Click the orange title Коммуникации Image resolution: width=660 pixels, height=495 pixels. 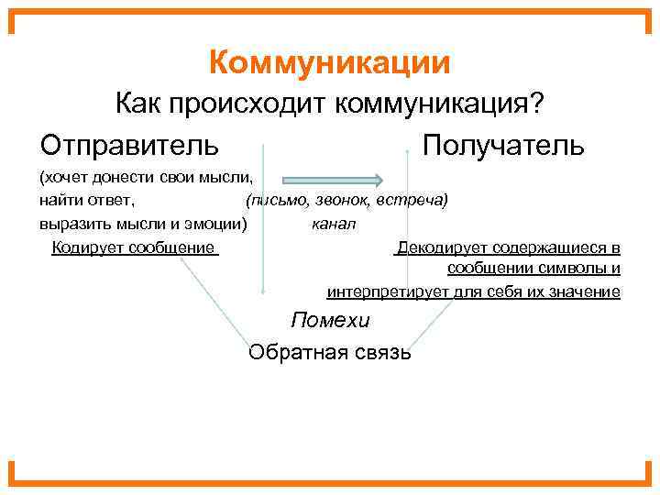[x=329, y=62]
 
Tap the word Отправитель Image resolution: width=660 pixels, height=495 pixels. [x=129, y=144]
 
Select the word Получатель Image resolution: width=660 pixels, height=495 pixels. [x=502, y=144]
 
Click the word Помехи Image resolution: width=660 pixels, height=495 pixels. [x=330, y=320]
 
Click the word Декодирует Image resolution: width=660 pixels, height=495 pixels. [x=441, y=247]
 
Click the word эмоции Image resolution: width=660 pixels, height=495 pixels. [x=214, y=223]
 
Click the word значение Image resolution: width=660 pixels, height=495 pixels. [x=583, y=291]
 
